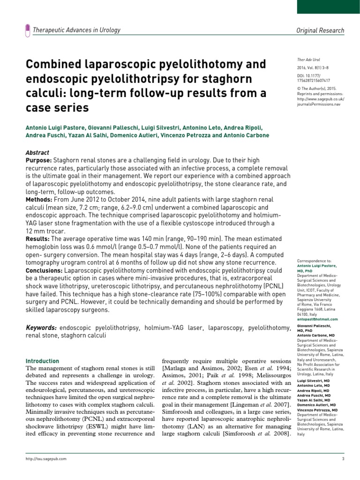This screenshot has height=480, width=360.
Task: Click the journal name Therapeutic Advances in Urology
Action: pos(76,30)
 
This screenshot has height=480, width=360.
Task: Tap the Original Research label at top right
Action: pos(321,30)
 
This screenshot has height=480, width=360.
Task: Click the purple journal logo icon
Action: pos(27,30)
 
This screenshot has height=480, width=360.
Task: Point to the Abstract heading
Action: pos(37,153)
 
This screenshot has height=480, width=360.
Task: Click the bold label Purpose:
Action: pos(38,160)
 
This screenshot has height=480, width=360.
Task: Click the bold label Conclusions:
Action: pos(44,270)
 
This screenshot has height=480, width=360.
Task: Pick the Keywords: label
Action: pos(41,328)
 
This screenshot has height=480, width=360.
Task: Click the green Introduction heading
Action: pos(42,361)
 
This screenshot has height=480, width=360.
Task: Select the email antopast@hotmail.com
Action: pos(317,318)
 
